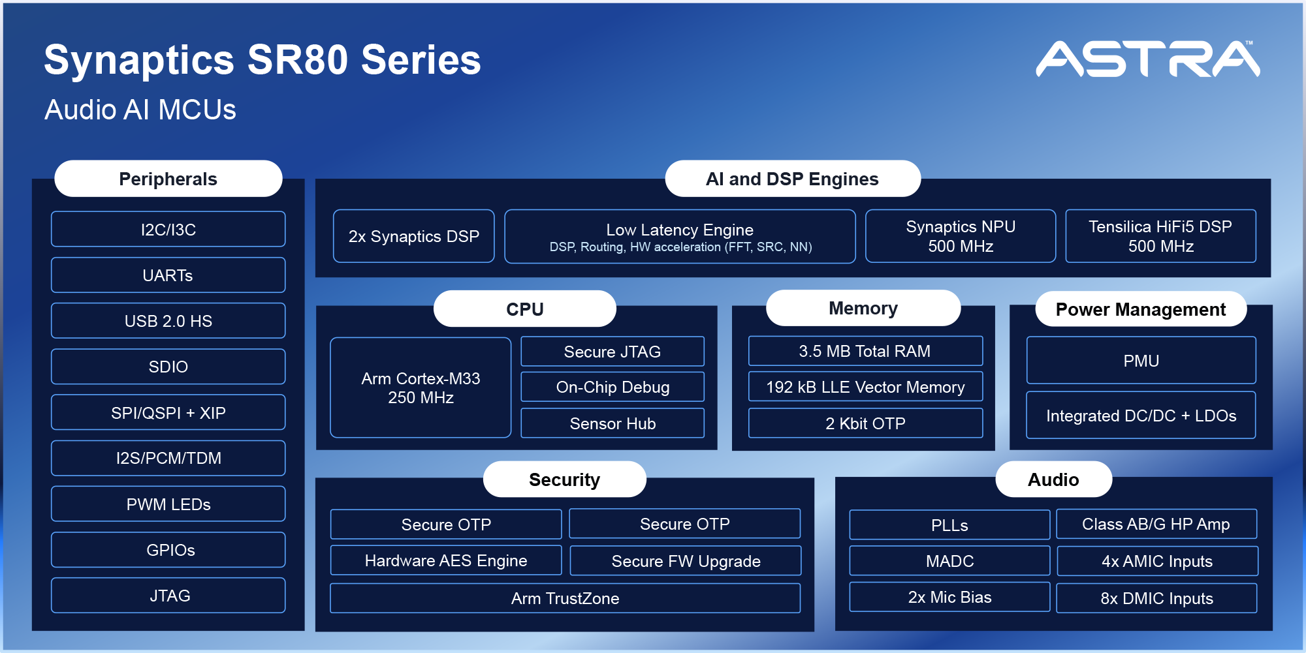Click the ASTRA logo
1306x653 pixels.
coord(1147,59)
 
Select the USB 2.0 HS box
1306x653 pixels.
coord(168,321)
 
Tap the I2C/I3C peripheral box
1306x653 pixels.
coord(168,230)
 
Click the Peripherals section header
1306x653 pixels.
coord(168,179)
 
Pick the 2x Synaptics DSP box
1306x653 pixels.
coord(413,236)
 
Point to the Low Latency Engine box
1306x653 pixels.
coord(680,237)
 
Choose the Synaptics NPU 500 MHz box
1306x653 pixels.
coord(960,236)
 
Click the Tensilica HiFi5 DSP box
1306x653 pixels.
coord(1160,236)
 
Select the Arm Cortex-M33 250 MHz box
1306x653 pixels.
coord(421,387)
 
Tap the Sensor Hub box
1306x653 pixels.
coord(613,423)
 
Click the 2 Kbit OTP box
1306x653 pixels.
coord(865,423)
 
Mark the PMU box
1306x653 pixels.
coord(1141,361)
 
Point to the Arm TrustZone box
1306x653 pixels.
coord(565,598)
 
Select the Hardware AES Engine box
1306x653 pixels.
coord(446,560)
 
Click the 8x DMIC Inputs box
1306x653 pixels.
coord(1156,598)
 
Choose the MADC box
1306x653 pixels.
coord(949,561)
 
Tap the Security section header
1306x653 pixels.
coord(564,479)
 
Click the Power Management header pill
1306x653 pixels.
coord(1140,309)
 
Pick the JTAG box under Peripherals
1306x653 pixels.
coord(168,596)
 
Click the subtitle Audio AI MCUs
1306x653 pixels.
coord(140,110)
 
